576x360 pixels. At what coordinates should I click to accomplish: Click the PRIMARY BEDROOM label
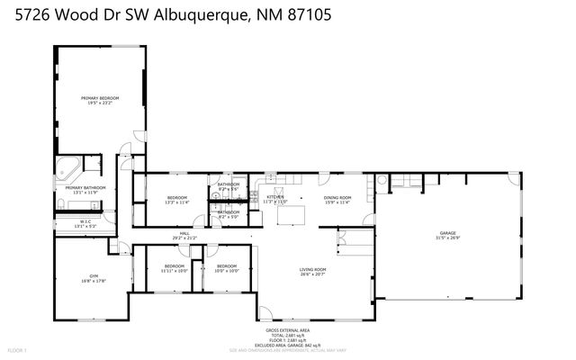(x=100, y=97)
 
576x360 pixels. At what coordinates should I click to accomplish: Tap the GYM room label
(x=93, y=275)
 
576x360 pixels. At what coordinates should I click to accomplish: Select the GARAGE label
(x=447, y=232)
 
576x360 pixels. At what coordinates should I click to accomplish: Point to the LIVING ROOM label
(x=312, y=269)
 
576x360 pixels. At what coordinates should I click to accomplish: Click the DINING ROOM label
(x=337, y=197)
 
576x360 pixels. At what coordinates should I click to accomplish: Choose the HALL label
(x=184, y=233)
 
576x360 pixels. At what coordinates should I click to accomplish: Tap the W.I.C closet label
(x=85, y=221)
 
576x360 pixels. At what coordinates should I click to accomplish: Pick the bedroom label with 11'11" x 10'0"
(x=174, y=267)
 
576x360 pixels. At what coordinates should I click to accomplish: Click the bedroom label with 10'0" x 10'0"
(x=227, y=267)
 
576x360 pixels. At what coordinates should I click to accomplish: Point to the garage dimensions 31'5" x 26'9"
(x=447, y=238)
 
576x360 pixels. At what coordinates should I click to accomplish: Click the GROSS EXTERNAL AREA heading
(x=289, y=330)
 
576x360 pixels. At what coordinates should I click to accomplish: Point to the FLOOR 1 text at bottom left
(x=17, y=349)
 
